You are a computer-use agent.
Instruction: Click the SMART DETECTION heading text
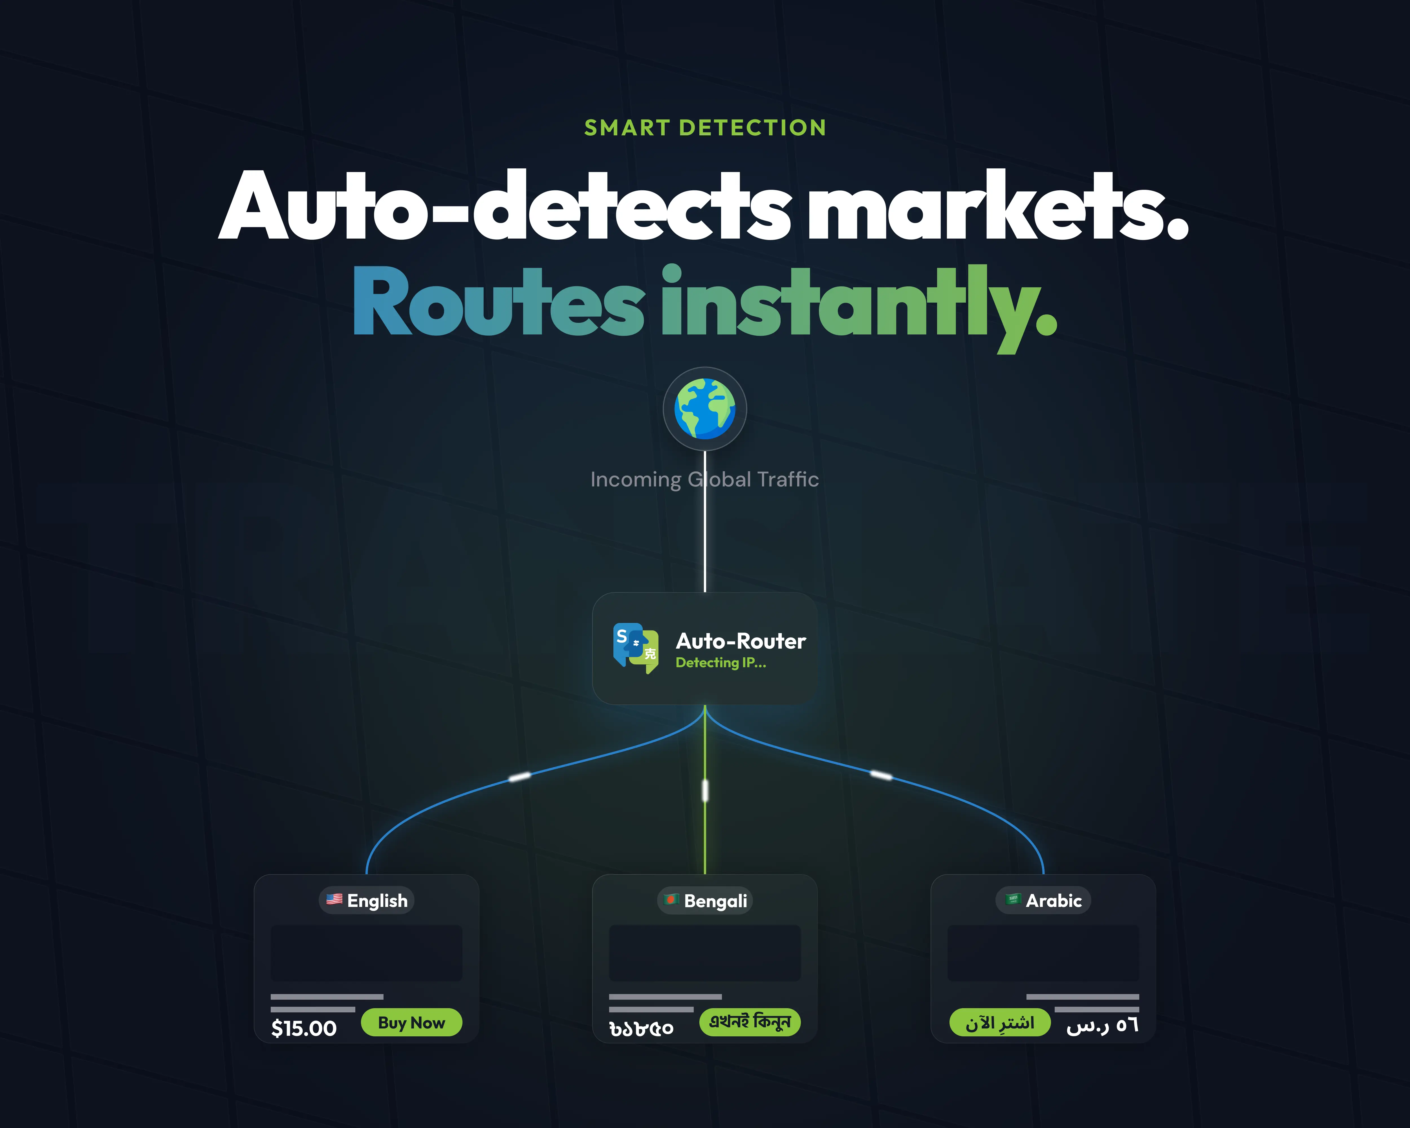click(705, 127)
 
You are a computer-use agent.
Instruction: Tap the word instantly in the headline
click(859, 307)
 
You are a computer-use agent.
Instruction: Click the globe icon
click(705, 409)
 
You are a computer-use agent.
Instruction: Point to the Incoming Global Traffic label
click(704, 479)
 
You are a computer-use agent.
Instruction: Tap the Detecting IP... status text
click(721, 662)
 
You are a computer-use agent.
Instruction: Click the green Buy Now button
click(411, 1022)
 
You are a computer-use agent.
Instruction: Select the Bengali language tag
click(705, 900)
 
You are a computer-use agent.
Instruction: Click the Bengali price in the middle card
click(641, 1029)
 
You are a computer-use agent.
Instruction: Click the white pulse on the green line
click(705, 790)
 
